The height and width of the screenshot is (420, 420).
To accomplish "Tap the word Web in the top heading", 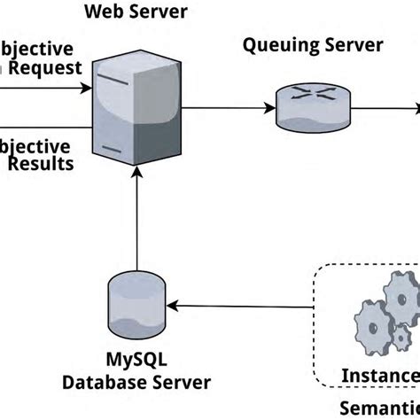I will (102, 12).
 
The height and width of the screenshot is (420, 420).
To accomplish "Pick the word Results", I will (40, 164).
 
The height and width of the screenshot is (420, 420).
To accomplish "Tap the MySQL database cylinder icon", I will (135, 304).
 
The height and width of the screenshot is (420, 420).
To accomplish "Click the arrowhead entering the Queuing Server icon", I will (268, 108).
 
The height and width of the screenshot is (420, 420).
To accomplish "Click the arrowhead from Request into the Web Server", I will (88, 89).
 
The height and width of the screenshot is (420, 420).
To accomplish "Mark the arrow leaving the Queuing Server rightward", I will (390, 108).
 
